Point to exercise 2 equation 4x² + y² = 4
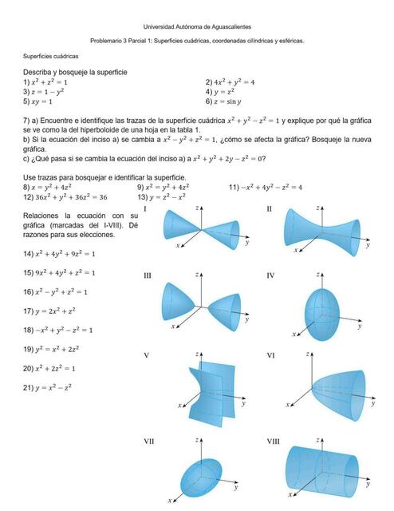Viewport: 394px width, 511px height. pos(231,82)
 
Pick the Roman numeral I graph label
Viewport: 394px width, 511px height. pos(145,209)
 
